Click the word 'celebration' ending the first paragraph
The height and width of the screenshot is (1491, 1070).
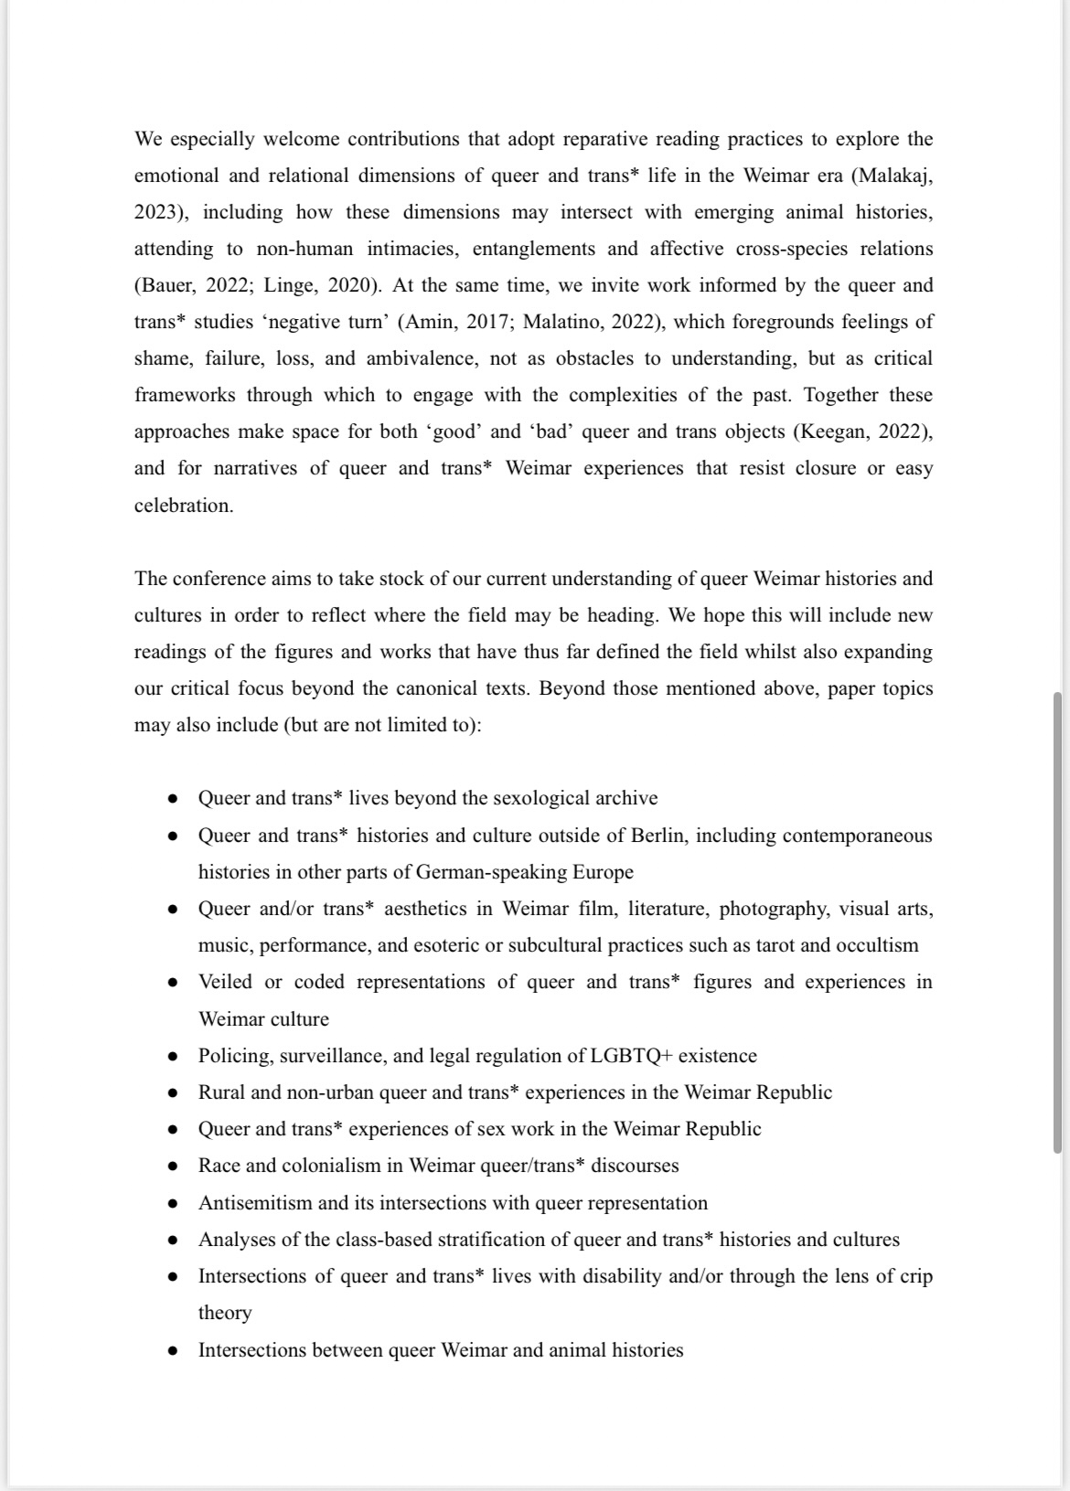pos(183,506)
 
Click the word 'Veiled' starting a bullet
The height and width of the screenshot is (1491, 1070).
pos(226,982)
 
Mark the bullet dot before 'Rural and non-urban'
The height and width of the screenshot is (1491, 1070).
pos(172,1093)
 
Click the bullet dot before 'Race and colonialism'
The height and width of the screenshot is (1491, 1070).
pos(172,1166)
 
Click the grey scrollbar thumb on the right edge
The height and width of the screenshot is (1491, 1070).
pos(1057,923)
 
